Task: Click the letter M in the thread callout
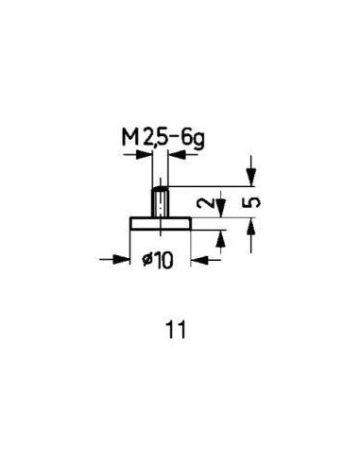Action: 130,138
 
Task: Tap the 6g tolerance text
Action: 194,140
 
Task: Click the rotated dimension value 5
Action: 252,202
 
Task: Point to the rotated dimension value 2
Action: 204,203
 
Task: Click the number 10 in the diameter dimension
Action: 163,261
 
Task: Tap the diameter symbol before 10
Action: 147,260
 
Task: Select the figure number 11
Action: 177,330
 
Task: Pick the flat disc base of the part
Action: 161,224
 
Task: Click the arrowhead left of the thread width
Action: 144,155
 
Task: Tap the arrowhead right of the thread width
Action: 177,155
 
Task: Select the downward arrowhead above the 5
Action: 251,178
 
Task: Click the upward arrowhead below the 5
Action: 251,226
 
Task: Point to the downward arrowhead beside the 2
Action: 221,209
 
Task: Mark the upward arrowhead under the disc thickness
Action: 221,238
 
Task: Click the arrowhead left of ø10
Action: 122,259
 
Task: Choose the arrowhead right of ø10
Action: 199,260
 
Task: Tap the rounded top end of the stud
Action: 161,188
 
